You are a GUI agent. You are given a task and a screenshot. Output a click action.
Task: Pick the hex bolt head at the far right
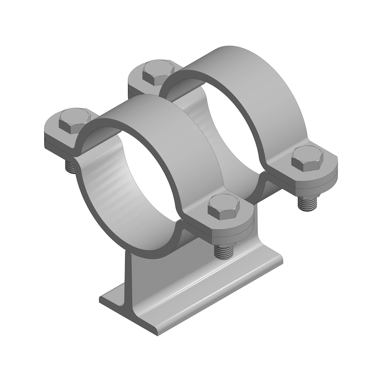(308, 158)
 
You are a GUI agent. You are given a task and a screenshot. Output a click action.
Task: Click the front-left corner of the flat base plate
(103, 301)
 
